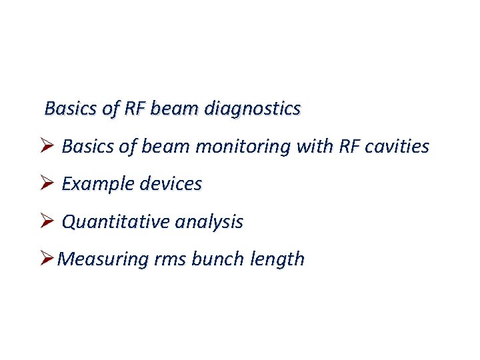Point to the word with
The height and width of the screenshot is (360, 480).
(x=315, y=147)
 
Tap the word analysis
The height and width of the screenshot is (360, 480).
(x=209, y=222)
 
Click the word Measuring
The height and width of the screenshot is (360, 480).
(x=101, y=259)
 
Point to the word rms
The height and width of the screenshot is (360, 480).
(x=169, y=259)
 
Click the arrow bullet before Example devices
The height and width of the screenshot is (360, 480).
(x=47, y=183)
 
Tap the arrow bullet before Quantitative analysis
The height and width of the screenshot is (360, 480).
(x=47, y=221)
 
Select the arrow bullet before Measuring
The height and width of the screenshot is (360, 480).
(x=47, y=259)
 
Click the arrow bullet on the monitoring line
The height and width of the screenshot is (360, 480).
(x=47, y=146)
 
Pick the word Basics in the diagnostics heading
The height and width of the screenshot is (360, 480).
(x=67, y=108)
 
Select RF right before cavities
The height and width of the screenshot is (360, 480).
(x=350, y=147)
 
